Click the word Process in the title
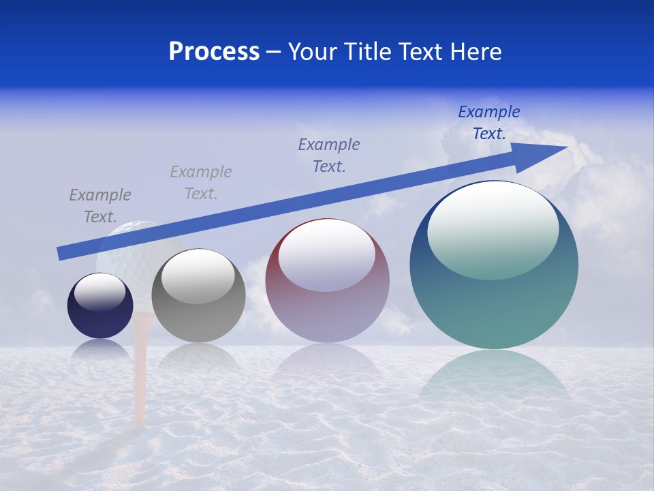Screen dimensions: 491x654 [x=214, y=52]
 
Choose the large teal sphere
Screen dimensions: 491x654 [x=494, y=300]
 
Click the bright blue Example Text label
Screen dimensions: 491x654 [x=489, y=122]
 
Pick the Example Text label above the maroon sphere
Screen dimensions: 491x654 [x=329, y=155]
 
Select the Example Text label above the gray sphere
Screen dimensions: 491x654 [x=201, y=182]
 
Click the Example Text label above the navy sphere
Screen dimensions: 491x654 [x=100, y=205]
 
